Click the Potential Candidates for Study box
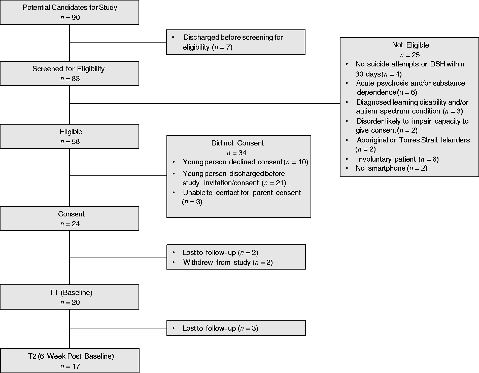pyautogui.click(x=70, y=12)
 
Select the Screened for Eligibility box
pyautogui.click(x=70, y=73)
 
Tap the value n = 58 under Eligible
pyautogui.click(x=70, y=142)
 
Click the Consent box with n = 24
pyautogui.click(x=70, y=218)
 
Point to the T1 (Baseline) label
pyautogui.click(x=71, y=292)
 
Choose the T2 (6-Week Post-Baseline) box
pyautogui.click(x=70, y=361)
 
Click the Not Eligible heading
pyautogui.click(x=410, y=45)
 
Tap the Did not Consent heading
pyautogui.click(x=237, y=143)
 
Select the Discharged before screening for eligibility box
pyautogui.click(x=236, y=42)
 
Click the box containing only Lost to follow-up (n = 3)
pyautogui.click(x=236, y=328)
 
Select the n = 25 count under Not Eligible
pyautogui.click(x=410, y=55)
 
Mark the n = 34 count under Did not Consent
pyautogui.click(x=237, y=153)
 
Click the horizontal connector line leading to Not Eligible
pyautogui.click(x=205, y=103)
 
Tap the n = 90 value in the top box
pyautogui.click(x=70, y=17)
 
